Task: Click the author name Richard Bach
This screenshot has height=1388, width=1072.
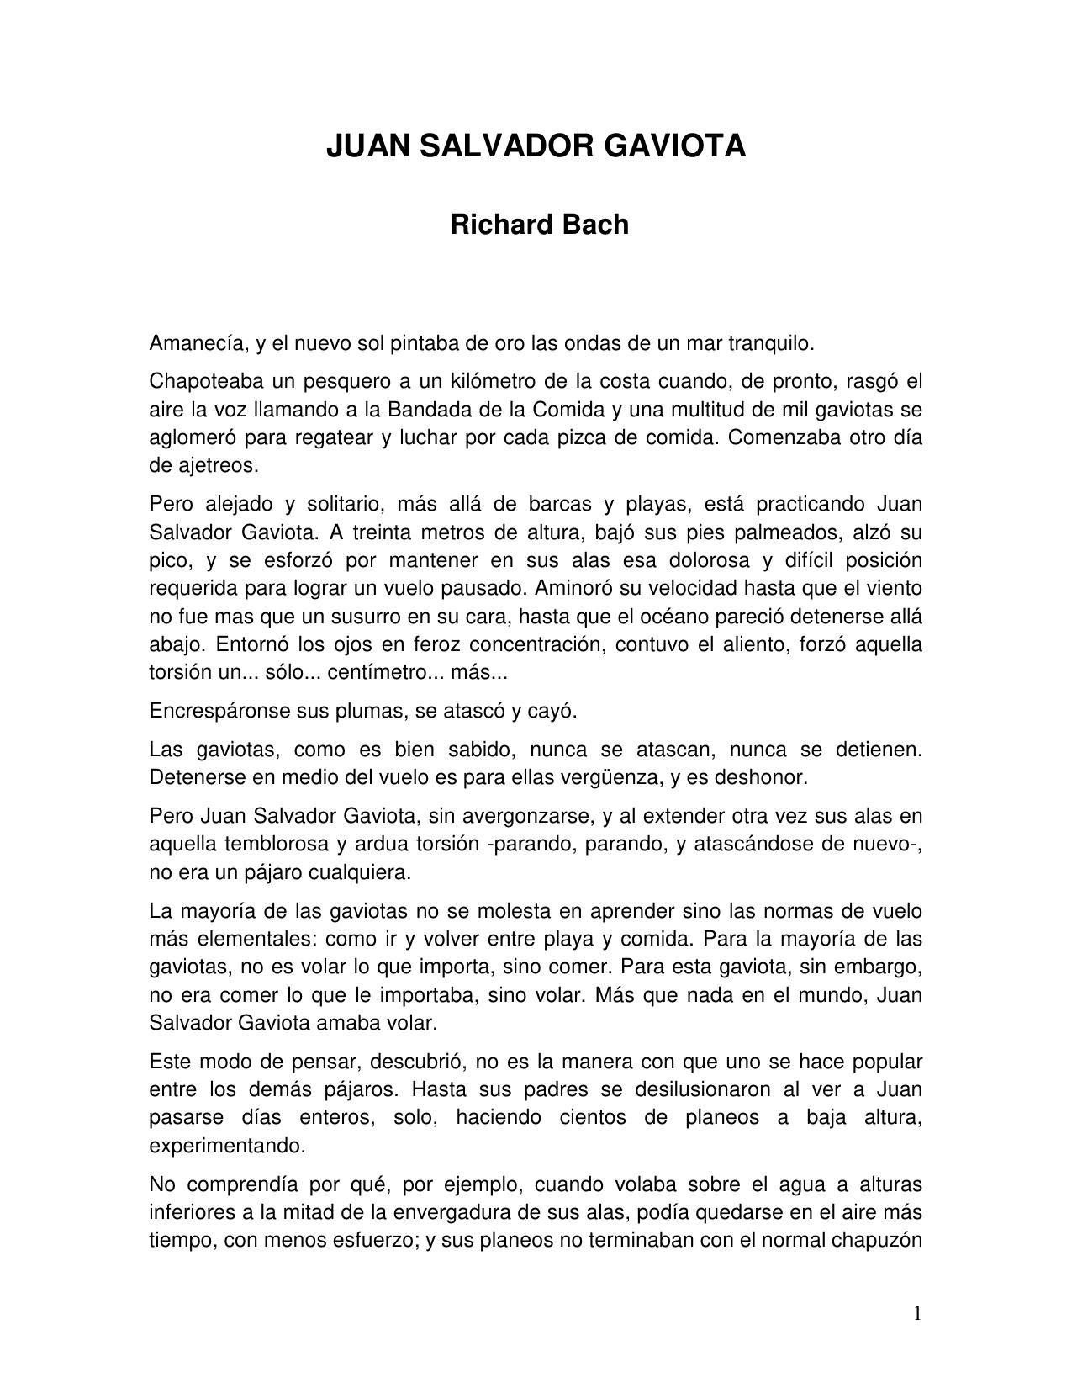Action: (x=539, y=225)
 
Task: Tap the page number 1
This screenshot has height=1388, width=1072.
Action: (x=917, y=1313)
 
